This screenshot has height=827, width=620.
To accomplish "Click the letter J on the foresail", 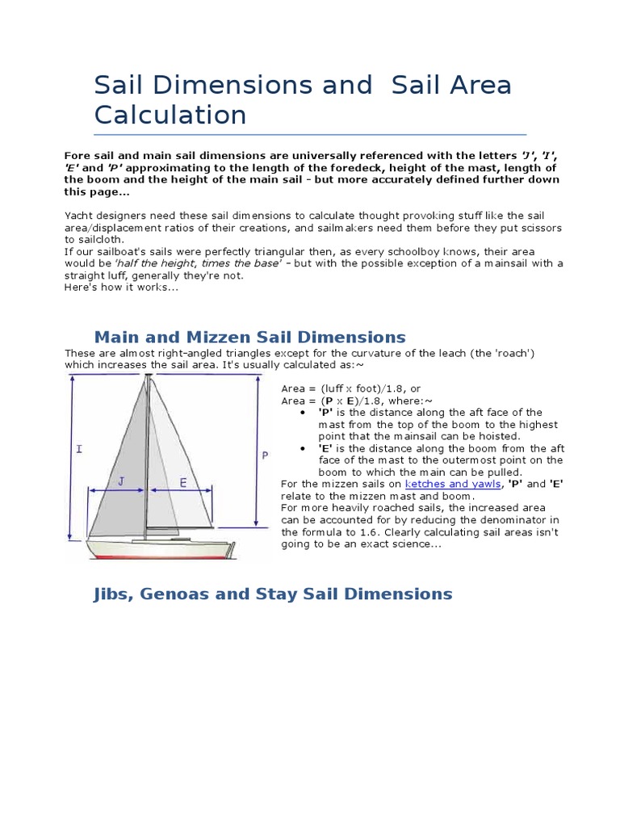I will point(121,482).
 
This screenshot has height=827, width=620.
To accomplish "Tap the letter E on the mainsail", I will point(182,482).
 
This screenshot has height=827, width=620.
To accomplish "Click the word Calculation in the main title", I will point(170,115).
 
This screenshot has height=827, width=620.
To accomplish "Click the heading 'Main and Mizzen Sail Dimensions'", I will point(249,337).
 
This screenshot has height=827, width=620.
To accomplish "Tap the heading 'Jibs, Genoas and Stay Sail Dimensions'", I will point(273,594).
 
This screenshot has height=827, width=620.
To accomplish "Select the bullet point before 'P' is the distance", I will point(301,413).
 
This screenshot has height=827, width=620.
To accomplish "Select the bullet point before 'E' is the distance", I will point(301,448).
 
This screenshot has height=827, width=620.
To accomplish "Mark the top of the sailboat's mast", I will point(147,376).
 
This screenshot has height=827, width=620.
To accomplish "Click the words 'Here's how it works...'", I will point(121,288).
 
